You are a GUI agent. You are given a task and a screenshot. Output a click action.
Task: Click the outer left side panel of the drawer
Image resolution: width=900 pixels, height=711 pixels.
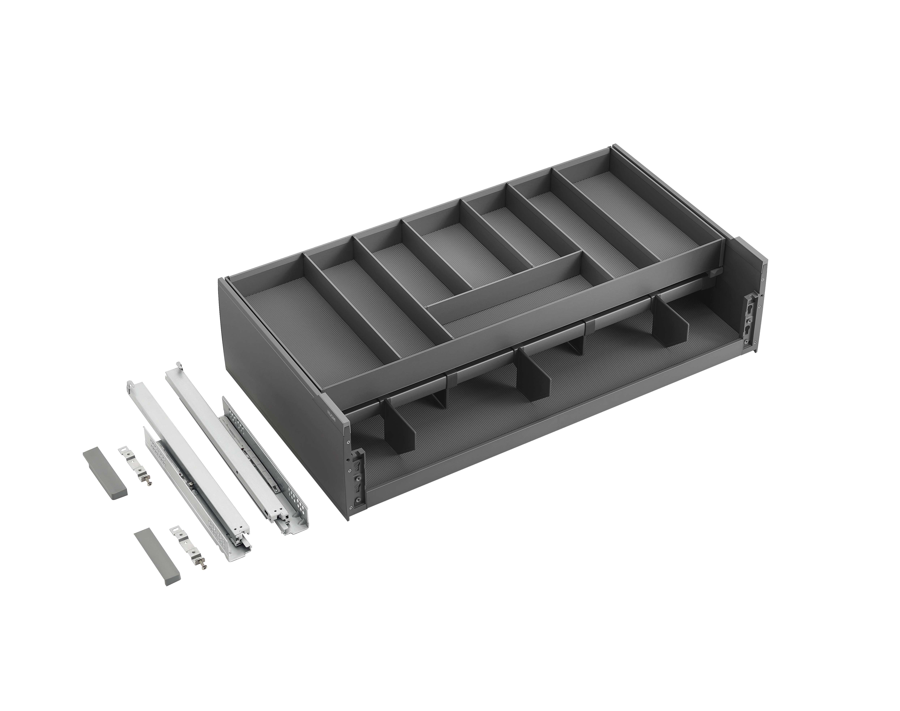(x=270, y=370)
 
